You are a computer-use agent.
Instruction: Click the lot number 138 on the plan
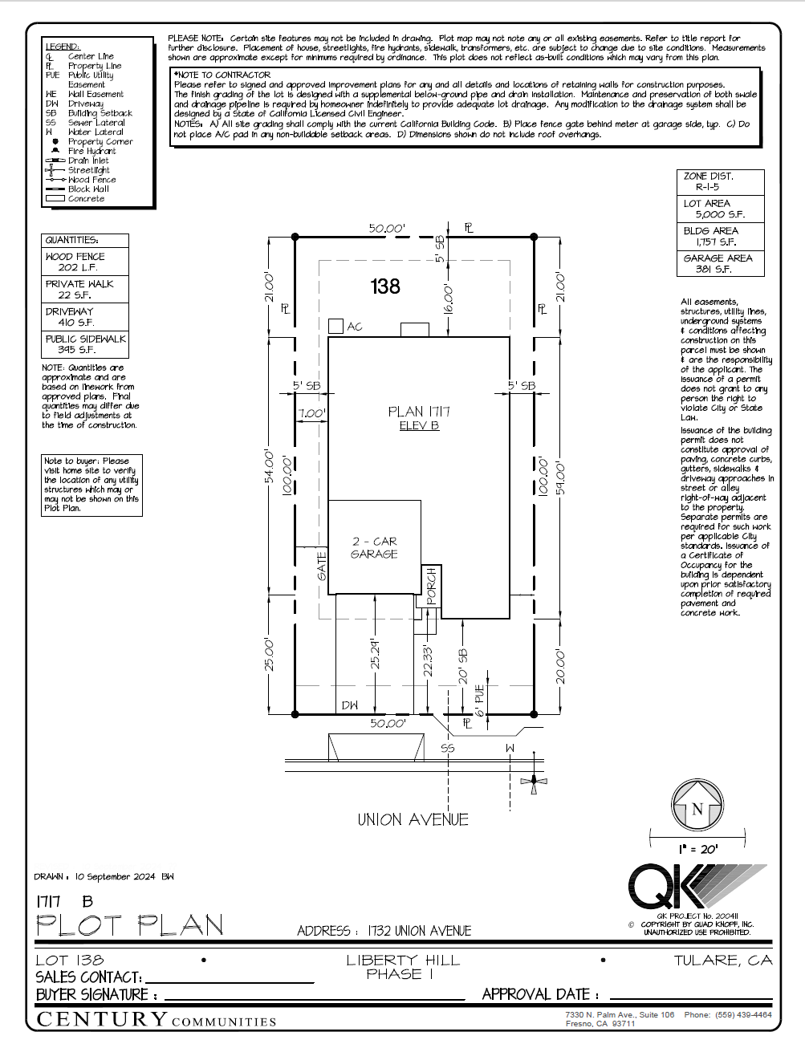[x=385, y=286]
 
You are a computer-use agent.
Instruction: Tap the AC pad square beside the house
[x=335, y=326]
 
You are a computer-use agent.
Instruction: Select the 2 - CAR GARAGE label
[x=374, y=548]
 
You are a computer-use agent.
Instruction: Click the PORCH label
[x=431, y=586]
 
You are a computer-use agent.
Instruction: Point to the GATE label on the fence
[x=322, y=566]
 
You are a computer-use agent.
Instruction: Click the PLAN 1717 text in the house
[x=419, y=412]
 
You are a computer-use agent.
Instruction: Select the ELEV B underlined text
[x=419, y=426]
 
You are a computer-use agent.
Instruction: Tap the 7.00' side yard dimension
[x=311, y=414]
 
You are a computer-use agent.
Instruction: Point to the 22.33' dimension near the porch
[x=428, y=661]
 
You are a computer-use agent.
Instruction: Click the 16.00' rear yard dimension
[x=449, y=299]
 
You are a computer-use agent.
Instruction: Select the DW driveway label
[x=350, y=706]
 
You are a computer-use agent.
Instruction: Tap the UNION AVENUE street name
[x=413, y=819]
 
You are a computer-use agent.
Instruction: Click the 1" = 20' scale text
[x=697, y=848]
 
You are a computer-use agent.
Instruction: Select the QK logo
[x=666, y=887]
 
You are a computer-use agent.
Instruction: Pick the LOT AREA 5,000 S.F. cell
[x=720, y=209]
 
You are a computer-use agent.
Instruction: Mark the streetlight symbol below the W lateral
[x=534, y=781]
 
